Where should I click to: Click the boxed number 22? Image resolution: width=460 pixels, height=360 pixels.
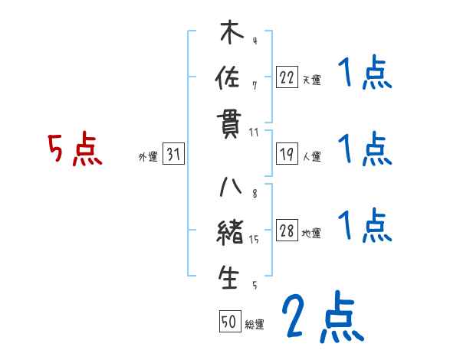point(287,77)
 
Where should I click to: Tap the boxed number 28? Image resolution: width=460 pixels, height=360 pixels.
point(287,231)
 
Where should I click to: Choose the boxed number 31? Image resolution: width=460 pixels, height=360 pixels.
point(173,155)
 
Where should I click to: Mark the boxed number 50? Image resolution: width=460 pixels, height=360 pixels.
point(229,322)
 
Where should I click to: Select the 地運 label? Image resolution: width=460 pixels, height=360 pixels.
point(311,233)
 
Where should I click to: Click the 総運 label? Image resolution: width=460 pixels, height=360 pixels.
point(255,324)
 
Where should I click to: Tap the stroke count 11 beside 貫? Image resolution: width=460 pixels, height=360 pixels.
point(254,132)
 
